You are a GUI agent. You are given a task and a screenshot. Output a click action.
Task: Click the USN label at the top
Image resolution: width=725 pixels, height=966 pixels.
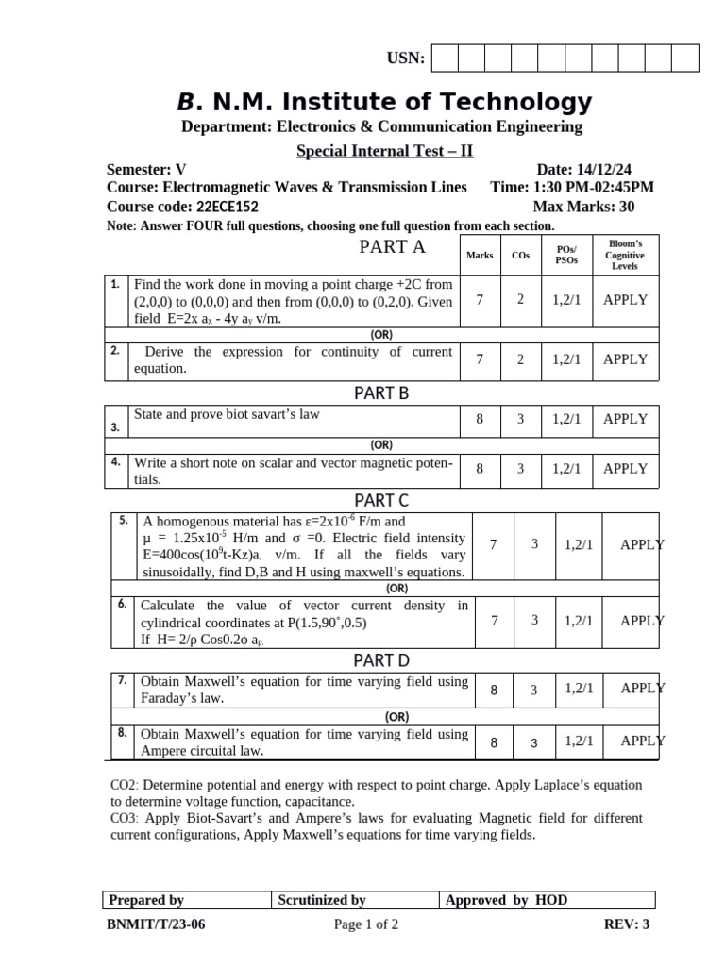pos(406,59)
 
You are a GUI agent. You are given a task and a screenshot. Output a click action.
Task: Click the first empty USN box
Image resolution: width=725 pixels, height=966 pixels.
pos(445,58)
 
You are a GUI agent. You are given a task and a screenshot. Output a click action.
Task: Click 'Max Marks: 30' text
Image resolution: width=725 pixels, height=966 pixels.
pos(583,207)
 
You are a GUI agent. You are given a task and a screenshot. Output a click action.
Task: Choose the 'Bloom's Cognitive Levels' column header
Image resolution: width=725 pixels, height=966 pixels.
pos(624,255)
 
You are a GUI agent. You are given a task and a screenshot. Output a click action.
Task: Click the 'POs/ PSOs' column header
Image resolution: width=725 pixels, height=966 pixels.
pos(566,255)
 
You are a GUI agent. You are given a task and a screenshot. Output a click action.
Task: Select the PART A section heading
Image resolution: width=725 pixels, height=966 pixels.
pos(392,247)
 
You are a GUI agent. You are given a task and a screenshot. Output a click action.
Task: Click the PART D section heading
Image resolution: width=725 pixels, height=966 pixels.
pos(381,659)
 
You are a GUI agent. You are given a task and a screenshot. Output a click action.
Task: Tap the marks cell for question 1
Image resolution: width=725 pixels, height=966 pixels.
pos(480,300)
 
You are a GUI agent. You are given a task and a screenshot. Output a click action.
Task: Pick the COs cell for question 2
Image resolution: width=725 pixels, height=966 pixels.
pos(520,359)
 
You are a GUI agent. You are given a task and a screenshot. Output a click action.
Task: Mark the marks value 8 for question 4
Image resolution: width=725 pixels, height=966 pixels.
pos(480,468)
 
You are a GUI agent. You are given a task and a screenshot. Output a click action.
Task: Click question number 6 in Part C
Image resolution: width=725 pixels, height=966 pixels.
pos(123,604)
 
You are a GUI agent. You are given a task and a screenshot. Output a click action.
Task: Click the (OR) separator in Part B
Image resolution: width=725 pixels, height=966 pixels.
pos(381,444)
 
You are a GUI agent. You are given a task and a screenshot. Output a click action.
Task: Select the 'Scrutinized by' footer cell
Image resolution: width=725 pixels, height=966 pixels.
pos(355,900)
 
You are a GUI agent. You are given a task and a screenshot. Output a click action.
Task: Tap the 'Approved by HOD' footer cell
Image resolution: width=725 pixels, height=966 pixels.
pos(548,900)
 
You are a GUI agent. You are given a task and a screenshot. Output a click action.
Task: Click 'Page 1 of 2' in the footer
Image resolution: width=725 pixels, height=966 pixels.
pos(366,924)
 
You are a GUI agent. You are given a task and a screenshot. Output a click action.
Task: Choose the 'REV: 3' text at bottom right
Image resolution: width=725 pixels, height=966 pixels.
pos(626,924)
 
